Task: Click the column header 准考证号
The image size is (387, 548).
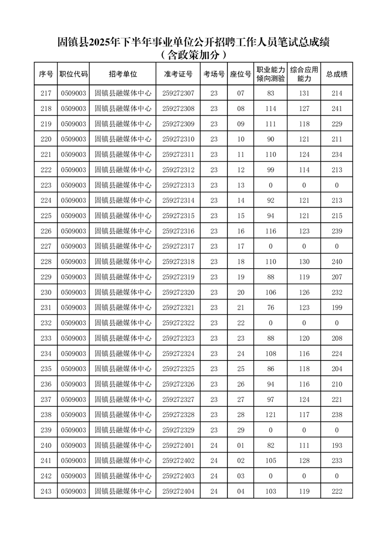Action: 178,74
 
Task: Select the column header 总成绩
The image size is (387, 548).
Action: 337,74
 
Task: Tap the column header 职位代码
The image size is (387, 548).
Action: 73,74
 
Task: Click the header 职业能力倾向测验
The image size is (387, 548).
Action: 270,74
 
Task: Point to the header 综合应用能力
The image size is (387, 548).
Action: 304,74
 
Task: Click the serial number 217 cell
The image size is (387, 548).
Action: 46,93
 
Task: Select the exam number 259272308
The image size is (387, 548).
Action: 178,109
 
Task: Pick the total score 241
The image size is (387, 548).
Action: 337,109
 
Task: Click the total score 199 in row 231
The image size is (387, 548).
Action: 337,308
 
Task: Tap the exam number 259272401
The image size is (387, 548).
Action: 178,445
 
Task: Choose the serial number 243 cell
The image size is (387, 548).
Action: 46,491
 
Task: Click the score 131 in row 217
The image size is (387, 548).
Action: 304,93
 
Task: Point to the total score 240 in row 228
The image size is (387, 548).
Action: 337,262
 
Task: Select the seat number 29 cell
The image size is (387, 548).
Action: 241,430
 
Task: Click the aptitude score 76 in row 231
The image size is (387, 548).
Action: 270,308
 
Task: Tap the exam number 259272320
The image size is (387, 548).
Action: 178,293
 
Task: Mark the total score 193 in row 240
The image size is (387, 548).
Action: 337,445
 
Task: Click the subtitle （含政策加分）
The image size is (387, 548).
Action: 194,55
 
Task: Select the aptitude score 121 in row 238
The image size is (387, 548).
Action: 270,415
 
